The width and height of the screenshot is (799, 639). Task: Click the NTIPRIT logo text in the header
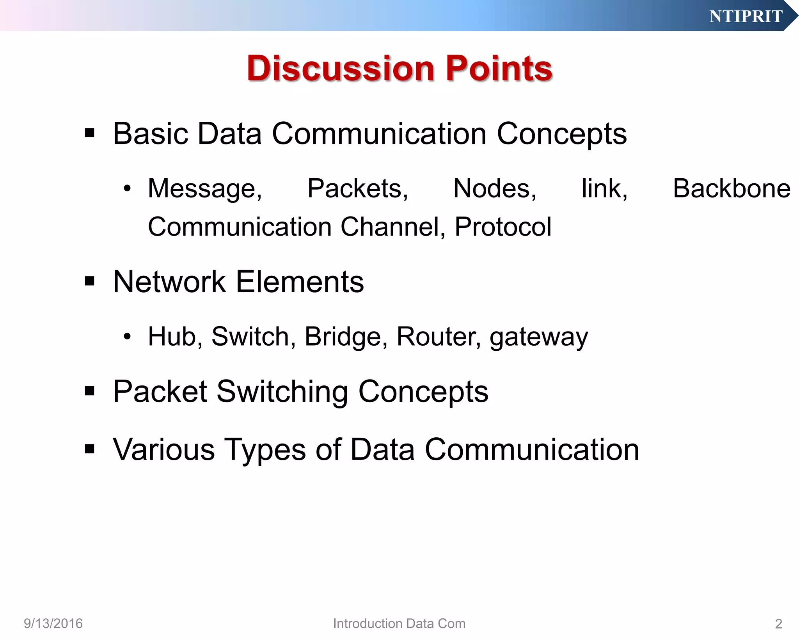[x=746, y=16]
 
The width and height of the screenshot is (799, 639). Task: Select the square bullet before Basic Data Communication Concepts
[x=90, y=133]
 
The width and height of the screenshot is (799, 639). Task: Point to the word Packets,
[x=357, y=189]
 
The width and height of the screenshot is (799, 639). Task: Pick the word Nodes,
[x=495, y=189]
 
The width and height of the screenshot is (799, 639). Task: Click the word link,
[x=604, y=189]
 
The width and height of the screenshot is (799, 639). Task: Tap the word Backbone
[x=732, y=189]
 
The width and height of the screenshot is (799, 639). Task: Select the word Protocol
[x=503, y=227]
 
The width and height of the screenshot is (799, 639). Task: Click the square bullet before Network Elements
[x=90, y=281]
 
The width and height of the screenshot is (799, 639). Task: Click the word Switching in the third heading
[x=282, y=392]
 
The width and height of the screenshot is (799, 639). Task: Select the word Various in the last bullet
[x=163, y=449]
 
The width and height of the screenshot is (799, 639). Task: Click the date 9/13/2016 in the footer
[x=53, y=623]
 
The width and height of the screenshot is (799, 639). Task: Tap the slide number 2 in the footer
[x=778, y=624]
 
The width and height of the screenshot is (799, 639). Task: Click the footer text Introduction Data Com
[x=399, y=623]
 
